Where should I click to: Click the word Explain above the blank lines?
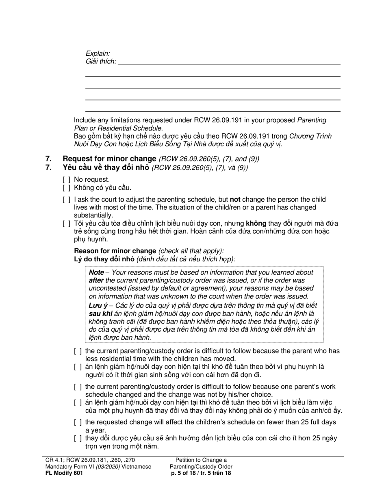98,53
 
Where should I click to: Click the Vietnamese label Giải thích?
100,61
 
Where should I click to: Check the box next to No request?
66,180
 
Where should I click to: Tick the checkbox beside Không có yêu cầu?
66,187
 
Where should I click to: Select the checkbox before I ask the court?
66,200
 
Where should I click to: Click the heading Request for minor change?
109,159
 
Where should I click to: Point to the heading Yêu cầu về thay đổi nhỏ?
106,167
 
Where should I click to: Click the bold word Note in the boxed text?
96,272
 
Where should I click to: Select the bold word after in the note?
96,280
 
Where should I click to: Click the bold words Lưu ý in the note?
98,305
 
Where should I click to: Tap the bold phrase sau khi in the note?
100,313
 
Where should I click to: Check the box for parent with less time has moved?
78,351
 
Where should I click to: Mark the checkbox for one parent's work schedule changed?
78,387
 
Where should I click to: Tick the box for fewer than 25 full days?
78,422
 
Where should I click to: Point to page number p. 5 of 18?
185,473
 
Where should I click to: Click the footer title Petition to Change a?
201,460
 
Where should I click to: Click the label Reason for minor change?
115,251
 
